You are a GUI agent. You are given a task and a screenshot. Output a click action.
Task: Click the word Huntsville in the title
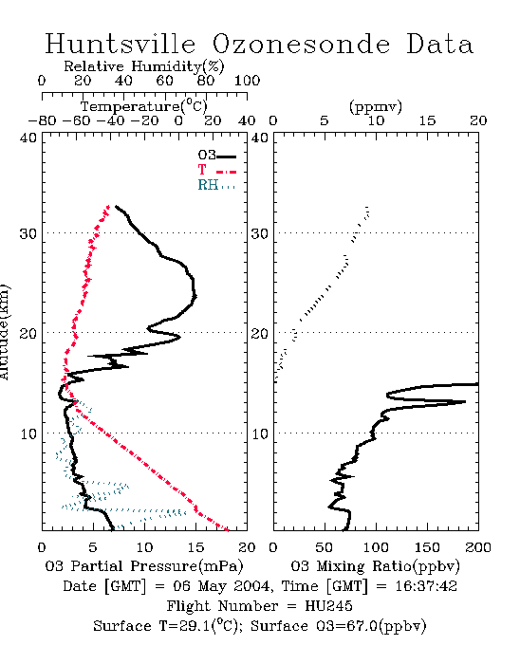[x=121, y=44]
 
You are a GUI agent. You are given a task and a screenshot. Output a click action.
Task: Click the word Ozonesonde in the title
[x=301, y=44]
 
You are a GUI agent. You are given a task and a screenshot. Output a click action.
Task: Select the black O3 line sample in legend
[x=227, y=157]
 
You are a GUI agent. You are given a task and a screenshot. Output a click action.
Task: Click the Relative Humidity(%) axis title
[x=144, y=66]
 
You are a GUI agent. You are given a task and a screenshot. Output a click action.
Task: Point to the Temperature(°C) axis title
[x=144, y=106]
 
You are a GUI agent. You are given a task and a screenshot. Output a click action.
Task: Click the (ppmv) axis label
[x=376, y=106]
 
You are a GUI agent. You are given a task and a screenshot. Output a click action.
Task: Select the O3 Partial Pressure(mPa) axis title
[x=144, y=566]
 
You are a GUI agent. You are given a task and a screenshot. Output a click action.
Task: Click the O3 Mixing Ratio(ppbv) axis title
[x=375, y=566]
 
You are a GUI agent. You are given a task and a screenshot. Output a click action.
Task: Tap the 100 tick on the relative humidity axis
[x=247, y=81]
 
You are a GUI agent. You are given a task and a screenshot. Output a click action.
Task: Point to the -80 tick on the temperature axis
[x=42, y=120]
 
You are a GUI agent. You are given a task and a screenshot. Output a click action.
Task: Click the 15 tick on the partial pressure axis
[x=195, y=547]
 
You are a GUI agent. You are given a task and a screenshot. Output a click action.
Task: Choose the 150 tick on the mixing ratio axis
[x=427, y=547]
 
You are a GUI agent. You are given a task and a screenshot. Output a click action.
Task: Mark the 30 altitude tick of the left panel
[x=28, y=233]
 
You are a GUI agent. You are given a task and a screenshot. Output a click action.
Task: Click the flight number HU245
[x=328, y=606]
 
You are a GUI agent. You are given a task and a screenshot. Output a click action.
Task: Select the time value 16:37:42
[x=426, y=586]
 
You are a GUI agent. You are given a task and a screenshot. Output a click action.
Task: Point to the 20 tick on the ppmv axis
[x=478, y=120]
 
